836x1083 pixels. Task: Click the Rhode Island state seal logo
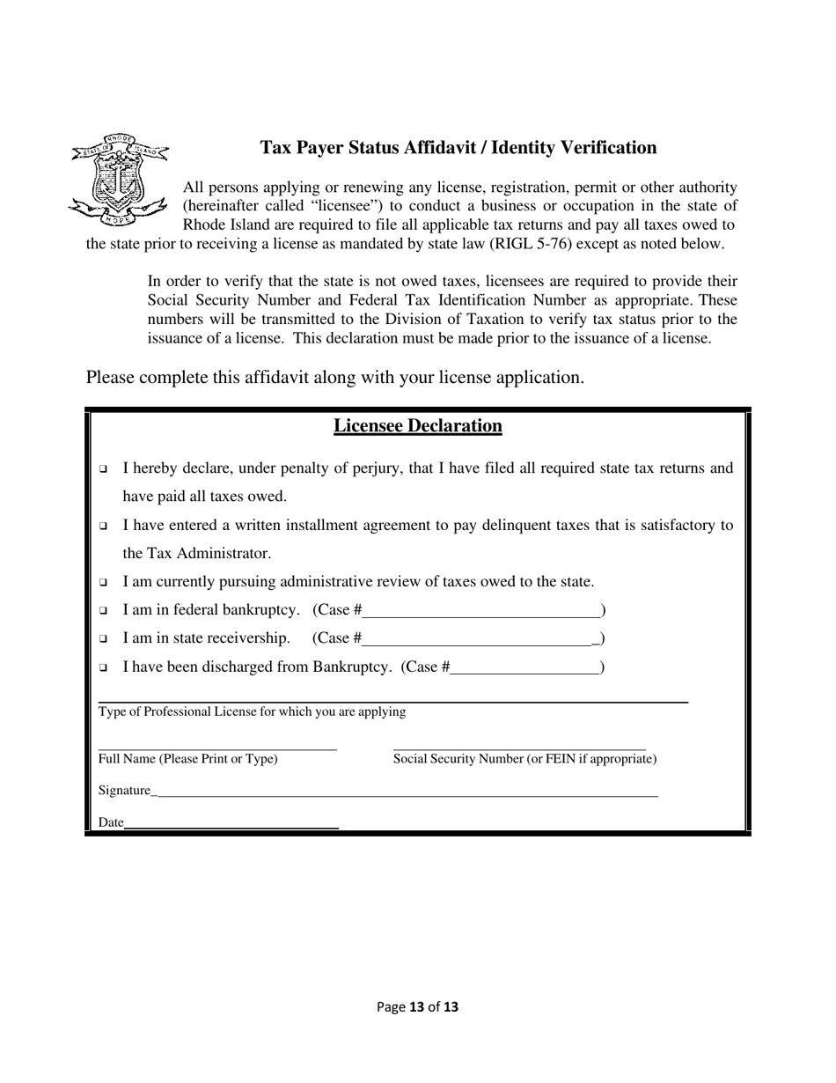pos(119,180)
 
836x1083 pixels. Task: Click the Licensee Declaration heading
pos(417,426)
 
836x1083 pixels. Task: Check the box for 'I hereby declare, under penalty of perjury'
pos(104,468)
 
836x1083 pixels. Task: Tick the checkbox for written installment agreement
pos(104,526)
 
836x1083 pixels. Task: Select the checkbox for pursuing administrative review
pos(104,582)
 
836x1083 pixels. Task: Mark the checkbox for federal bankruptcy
pos(104,610)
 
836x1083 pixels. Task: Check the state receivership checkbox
pos(104,638)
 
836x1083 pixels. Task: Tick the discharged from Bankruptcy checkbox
pos(104,667)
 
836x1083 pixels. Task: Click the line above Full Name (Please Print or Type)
pos(217,748)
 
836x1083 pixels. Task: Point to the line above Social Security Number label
pos(519,748)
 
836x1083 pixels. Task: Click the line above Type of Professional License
pos(392,701)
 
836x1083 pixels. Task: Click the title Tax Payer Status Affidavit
pos(458,148)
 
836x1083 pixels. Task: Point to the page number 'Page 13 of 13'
pos(417,1006)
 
